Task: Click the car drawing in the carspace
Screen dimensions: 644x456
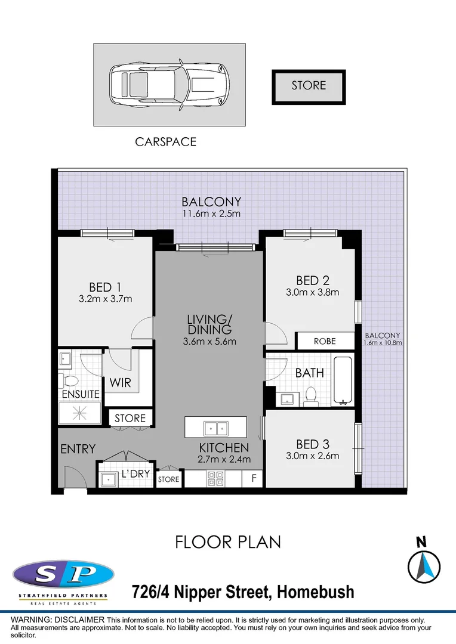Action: pos(169,84)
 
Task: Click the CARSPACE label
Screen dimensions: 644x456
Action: pos(165,142)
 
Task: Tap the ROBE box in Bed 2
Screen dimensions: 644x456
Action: pos(325,342)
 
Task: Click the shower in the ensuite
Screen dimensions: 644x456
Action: pos(80,412)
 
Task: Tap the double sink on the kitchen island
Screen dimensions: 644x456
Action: pos(215,428)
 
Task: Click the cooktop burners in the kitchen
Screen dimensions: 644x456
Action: pos(215,478)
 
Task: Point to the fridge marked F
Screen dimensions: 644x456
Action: pos(253,478)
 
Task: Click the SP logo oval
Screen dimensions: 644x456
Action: pos(63,575)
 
